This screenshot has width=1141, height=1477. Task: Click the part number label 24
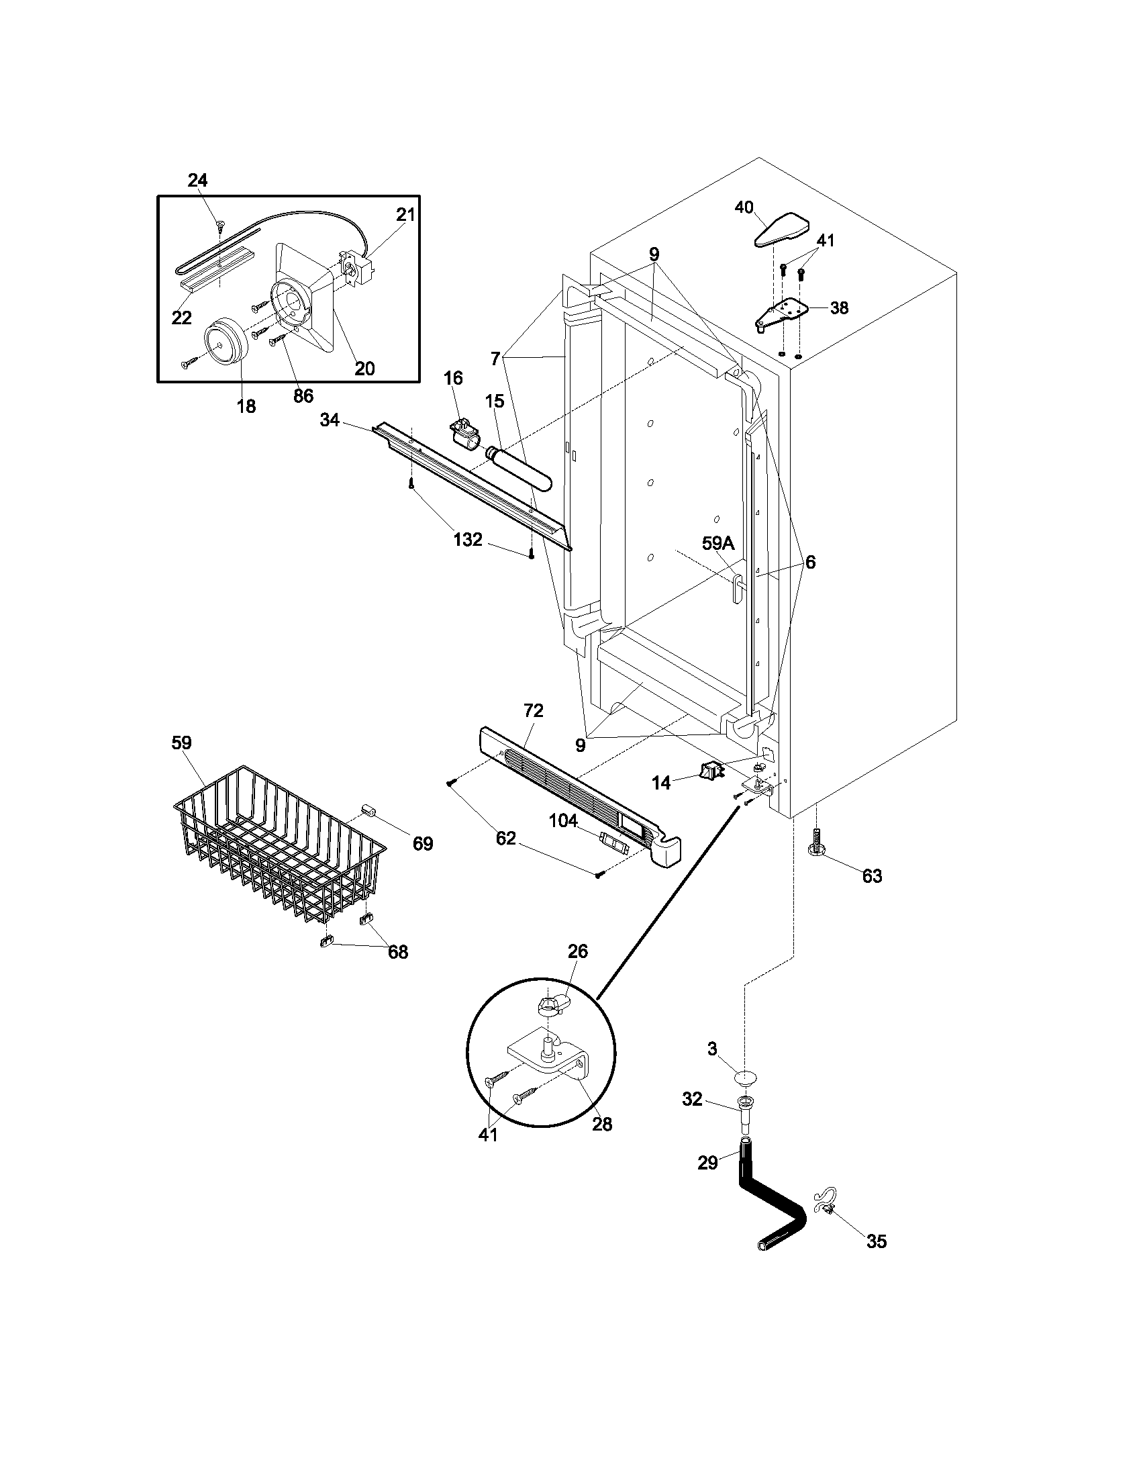coord(197,180)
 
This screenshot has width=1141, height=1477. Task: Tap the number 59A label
coord(717,543)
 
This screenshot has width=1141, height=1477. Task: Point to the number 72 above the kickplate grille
coord(534,710)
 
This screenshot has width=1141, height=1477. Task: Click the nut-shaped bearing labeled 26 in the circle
coord(551,1004)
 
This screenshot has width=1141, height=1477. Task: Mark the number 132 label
coord(468,540)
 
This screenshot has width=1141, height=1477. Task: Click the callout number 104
coord(562,821)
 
